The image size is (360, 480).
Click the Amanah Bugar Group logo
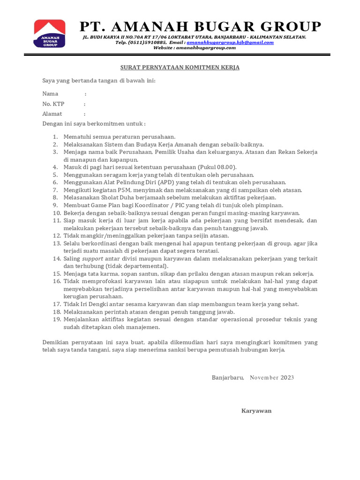pos(49,33)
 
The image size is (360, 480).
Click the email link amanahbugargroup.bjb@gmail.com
pos(230,42)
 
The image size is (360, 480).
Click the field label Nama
pos(50,94)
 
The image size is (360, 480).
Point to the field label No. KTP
pos(53,104)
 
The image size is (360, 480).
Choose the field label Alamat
pos(52,114)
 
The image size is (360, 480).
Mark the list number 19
pos(56,319)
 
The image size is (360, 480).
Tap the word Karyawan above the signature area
pos(256,411)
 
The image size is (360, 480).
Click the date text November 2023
pos(272,378)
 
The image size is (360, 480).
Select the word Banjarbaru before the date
pos(227,378)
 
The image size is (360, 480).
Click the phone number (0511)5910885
pos(144,42)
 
